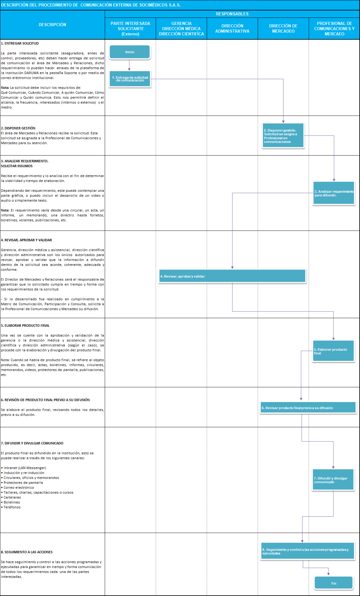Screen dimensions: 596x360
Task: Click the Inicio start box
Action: tap(130, 52)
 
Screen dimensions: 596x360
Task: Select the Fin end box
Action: tap(334, 583)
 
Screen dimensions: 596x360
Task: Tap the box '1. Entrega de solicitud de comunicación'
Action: tap(130, 79)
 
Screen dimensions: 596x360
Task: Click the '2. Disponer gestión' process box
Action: tap(283, 136)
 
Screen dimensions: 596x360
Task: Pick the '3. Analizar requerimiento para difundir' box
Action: tap(334, 193)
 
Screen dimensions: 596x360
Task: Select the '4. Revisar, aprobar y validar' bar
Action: tap(232, 276)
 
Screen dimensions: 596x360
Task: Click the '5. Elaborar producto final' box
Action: tap(333, 351)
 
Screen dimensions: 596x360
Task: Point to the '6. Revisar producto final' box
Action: tap(308, 408)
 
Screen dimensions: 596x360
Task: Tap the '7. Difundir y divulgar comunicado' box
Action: tap(333, 480)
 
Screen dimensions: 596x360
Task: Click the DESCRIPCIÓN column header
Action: tap(52, 25)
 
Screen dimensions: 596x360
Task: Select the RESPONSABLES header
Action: tap(232, 14)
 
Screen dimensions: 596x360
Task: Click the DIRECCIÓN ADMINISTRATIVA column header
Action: tap(232, 29)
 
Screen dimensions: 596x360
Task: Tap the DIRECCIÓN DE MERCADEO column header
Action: tap(283, 29)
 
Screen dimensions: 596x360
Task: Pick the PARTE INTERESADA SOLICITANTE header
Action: tap(130, 29)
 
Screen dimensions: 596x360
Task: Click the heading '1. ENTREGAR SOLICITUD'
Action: tap(20, 43)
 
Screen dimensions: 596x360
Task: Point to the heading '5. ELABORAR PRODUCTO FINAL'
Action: tap(25, 326)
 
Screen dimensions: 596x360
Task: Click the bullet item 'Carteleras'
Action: tap(12, 497)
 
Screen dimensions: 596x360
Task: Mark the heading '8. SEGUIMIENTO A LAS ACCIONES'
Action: tap(27, 552)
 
